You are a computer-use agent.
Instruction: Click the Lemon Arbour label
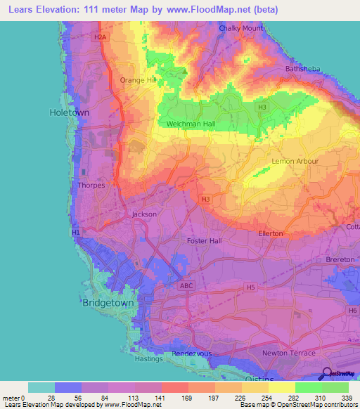pyautogui.click(x=295, y=162)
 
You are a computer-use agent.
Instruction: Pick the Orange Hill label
pyautogui.click(x=137, y=80)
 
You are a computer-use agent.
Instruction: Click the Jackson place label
pyautogui.click(x=144, y=214)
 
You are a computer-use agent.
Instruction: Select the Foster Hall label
pyautogui.click(x=205, y=241)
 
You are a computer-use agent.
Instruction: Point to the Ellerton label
pyautogui.click(x=271, y=233)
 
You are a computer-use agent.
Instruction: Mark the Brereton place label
pyautogui.click(x=340, y=259)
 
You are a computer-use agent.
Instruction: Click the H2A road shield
pyautogui.click(x=102, y=37)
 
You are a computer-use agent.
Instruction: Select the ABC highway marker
pyautogui.click(x=186, y=286)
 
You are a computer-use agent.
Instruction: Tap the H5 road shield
pyautogui.click(x=250, y=287)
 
